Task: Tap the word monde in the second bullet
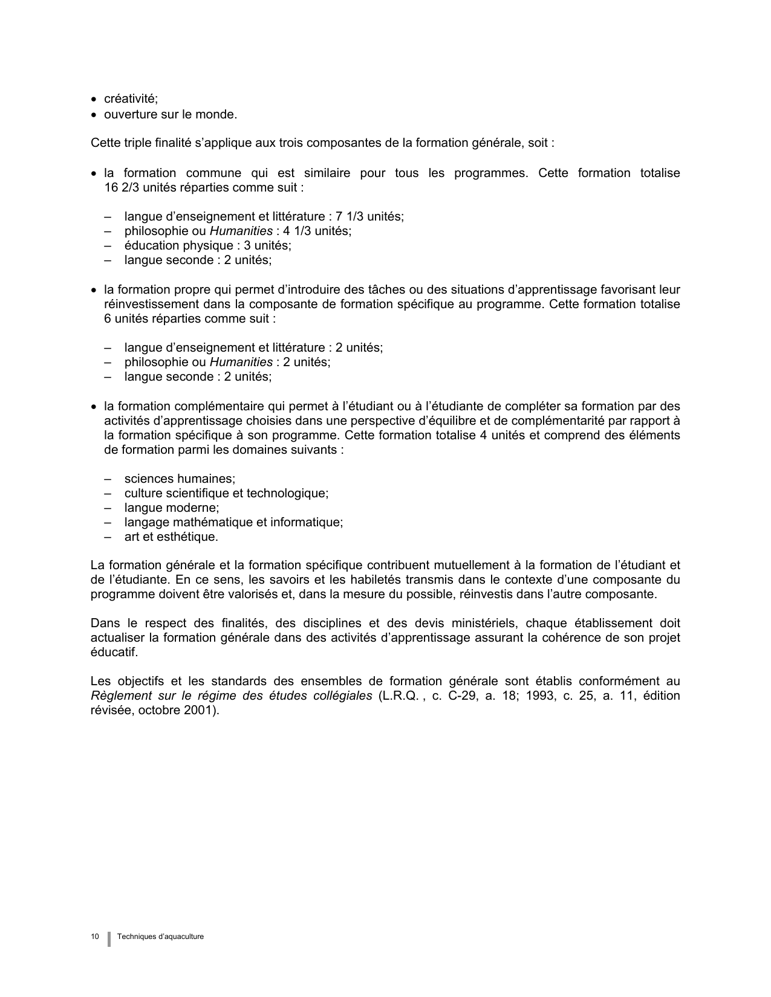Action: (218, 114)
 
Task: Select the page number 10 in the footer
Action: (95, 937)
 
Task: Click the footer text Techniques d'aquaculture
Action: (161, 937)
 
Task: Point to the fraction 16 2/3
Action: (119, 187)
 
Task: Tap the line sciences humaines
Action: (180, 479)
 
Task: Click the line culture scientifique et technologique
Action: (226, 493)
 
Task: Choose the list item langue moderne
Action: (172, 508)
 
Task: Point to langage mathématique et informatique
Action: (233, 522)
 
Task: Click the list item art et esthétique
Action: (171, 537)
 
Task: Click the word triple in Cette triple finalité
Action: (134, 143)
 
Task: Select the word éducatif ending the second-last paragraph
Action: (114, 652)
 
